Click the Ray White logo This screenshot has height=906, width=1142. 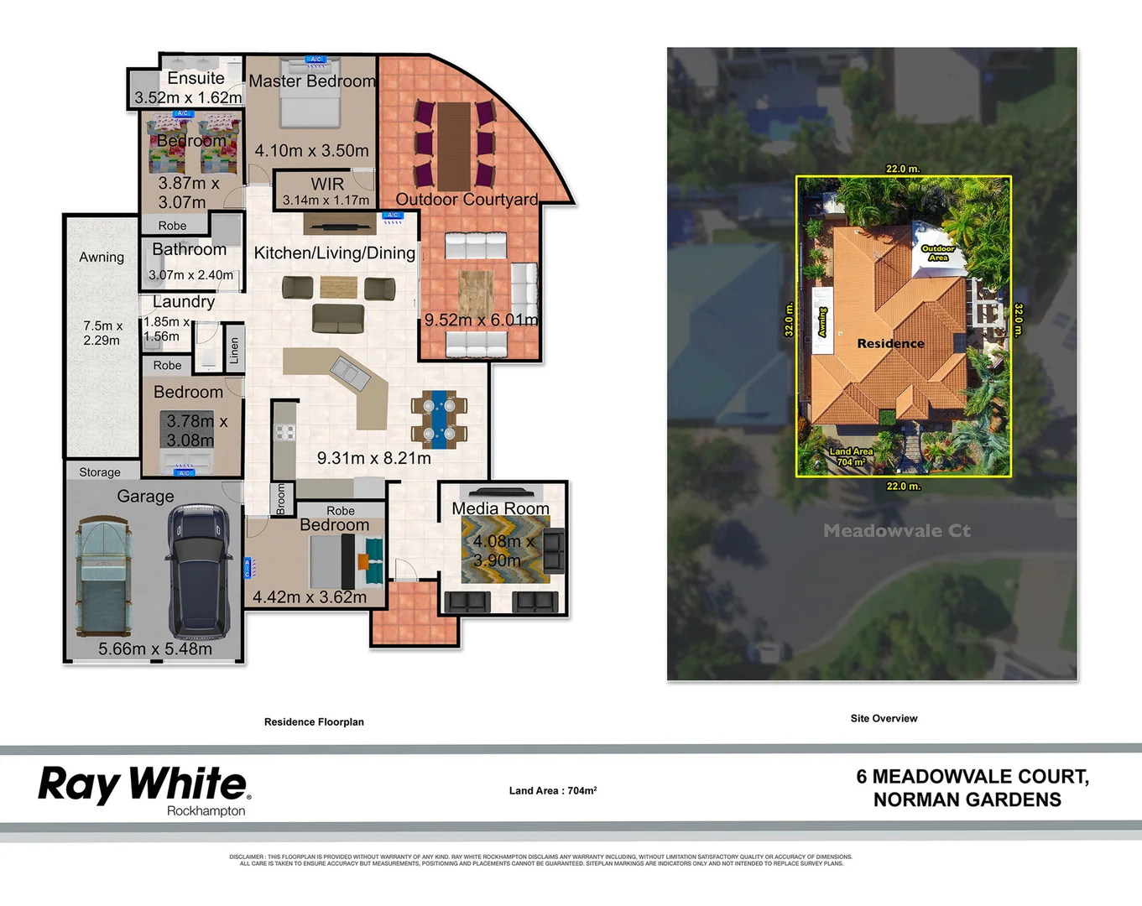pos(143,784)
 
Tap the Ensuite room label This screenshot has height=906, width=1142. pos(196,78)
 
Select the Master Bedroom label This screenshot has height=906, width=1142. pos(311,81)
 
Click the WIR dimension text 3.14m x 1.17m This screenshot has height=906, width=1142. pos(326,200)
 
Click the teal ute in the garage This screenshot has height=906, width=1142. pos(103,577)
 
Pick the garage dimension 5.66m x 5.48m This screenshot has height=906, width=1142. pos(155,648)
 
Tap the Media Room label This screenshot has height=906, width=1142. pos(500,508)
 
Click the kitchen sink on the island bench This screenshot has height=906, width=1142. pos(349,372)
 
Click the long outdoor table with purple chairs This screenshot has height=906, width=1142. pos(454,145)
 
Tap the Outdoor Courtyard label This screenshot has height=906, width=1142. pos(467,200)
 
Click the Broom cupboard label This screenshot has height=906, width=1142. pos(280,498)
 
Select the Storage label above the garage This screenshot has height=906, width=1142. pos(100,472)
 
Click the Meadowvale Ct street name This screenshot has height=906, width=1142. pos(896,530)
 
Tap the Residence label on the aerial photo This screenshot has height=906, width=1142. pos(890,343)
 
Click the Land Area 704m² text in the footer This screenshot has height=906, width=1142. pos(552,790)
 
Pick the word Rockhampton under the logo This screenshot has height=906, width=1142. pos(206,811)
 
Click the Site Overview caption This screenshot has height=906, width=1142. pos(884,718)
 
